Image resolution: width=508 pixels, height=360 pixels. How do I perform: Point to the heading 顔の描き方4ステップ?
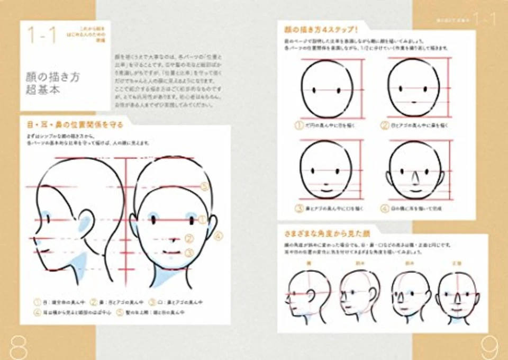(x=321, y=29)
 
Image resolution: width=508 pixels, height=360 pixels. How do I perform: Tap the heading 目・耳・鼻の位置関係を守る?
(x=75, y=125)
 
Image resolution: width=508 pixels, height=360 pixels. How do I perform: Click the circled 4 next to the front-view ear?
(x=218, y=237)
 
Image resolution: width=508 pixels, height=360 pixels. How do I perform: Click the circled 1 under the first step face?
(x=299, y=126)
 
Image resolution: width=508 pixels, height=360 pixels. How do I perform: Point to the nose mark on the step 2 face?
(x=414, y=101)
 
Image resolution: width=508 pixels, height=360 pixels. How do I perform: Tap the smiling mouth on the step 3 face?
(x=326, y=187)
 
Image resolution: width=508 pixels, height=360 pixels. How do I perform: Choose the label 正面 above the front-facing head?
(x=457, y=262)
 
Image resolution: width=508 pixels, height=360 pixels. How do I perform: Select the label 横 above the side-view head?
(x=305, y=262)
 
